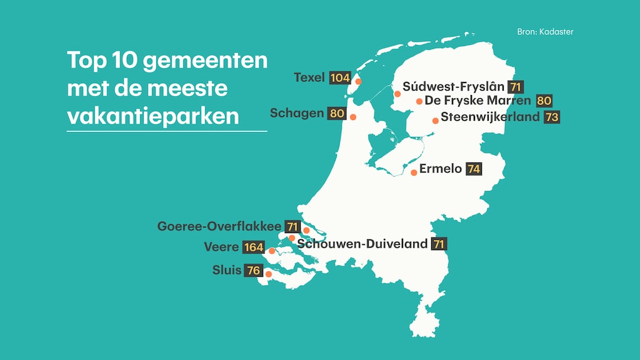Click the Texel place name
coord(309,77)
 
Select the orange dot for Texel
coord(358,81)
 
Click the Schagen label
coord(297,113)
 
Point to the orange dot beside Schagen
coord(353,117)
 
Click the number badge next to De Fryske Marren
coord(544,101)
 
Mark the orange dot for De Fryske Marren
coord(419,101)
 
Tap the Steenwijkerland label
coord(489,117)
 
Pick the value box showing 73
coord(551,117)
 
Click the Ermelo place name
coord(441,168)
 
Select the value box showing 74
coord(474,169)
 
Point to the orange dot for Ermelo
coord(414,172)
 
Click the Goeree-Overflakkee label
coord(219,226)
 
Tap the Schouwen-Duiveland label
coord(362,244)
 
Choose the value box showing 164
coord(254,247)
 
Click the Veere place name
coord(221,247)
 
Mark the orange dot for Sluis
coord(269,274)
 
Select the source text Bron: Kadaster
coord(545,32)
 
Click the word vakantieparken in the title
coord(152,116)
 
